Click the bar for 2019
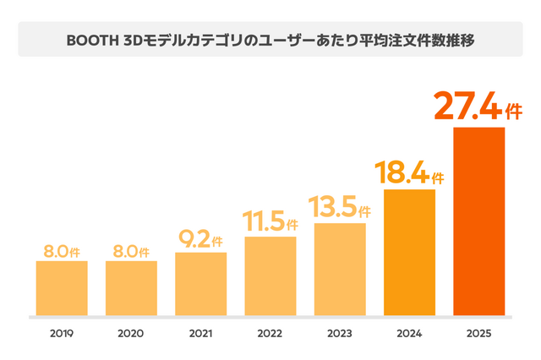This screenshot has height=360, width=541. tap(62, 288)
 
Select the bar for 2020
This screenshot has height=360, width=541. tap(131, 288)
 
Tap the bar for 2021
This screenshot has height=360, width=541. tap(200, 284)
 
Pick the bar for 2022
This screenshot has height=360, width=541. tap(270, 276)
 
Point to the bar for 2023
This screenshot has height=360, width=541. tap(340, 270)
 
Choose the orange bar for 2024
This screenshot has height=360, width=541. tap(409, 253)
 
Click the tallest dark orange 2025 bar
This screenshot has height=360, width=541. tap(479, 221)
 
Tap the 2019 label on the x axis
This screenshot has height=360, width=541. tap(62, 335)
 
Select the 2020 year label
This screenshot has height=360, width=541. tap(131, 335)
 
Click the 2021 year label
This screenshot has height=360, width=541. tap(200, 335)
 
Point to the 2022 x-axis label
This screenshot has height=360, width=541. tap(270, 335)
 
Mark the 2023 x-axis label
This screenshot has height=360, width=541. tap(340, 335)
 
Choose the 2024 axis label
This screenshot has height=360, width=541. tap(409, 335)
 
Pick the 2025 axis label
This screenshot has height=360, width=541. tap(479, 335)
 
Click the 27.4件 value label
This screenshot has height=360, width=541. tap(478, 107)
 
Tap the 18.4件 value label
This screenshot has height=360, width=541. tap(409, 174)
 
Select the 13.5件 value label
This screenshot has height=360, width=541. tap(340, 208)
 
